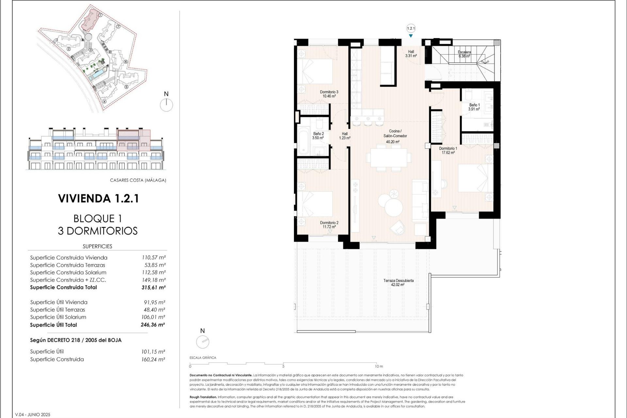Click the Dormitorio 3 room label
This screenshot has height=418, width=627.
pos(329,94)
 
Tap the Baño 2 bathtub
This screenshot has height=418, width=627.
pos(303,141)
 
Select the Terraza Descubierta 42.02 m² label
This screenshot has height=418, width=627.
pos(398,282)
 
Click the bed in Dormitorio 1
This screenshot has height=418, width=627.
pos(475,178)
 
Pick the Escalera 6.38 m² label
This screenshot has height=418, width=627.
pos(464,54)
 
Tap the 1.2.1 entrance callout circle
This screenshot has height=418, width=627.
pos(411,28)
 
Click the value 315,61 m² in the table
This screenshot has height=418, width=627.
pos(153,288)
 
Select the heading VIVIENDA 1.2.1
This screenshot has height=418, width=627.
pos(99,199)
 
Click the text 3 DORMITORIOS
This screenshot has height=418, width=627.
pos(98,231)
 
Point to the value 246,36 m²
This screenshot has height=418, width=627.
pos(153,325)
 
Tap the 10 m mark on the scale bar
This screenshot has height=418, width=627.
pos(379,366)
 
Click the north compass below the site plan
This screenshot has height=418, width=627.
pos(166,105)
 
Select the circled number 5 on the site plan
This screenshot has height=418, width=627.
pos(126,87)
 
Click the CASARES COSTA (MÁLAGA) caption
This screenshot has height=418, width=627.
pos(138,180)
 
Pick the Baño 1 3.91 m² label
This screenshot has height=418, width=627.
pos(474,107)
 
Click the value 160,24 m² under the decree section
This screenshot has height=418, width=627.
pos(153,360)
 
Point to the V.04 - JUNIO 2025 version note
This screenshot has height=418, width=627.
pos(33,414)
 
